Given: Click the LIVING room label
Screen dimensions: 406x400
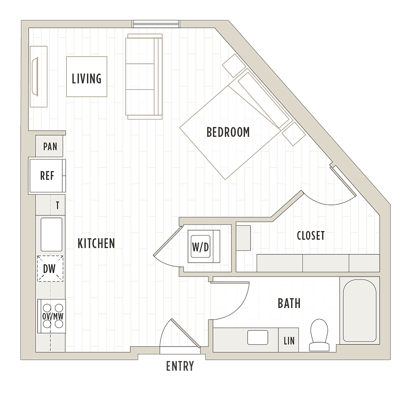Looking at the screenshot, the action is click(87, 79).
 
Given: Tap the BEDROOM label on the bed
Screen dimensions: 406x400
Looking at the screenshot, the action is click(228, 132).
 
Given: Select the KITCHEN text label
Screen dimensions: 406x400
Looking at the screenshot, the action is click(96, 243).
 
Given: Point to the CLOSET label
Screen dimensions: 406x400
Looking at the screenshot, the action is click(311, 236).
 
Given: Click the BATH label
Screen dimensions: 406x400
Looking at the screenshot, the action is click(289, 303).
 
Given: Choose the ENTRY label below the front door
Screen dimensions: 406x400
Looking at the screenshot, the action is click(180, 366).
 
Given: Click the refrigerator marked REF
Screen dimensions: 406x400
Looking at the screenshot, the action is click(47, 176).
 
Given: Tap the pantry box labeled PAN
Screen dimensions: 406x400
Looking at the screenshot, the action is click(49, 146).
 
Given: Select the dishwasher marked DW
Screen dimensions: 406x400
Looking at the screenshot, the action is click(50, 269).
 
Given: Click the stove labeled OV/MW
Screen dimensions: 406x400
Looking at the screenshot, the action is click(52, 316).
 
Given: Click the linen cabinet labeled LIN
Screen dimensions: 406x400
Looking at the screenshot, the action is click(288, 340).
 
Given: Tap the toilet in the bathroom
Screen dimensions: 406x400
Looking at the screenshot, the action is click(319, 335).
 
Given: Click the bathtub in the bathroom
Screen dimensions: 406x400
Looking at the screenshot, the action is click(359, 311).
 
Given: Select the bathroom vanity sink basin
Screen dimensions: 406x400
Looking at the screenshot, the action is click(258, 337).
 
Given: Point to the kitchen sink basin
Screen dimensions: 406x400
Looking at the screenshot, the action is click(51, 234).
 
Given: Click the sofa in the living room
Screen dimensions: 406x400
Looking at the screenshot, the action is click(144, 76).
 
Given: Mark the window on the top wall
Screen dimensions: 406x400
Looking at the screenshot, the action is click(156, 24).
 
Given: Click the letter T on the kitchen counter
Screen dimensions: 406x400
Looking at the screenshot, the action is click(57, 206).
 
